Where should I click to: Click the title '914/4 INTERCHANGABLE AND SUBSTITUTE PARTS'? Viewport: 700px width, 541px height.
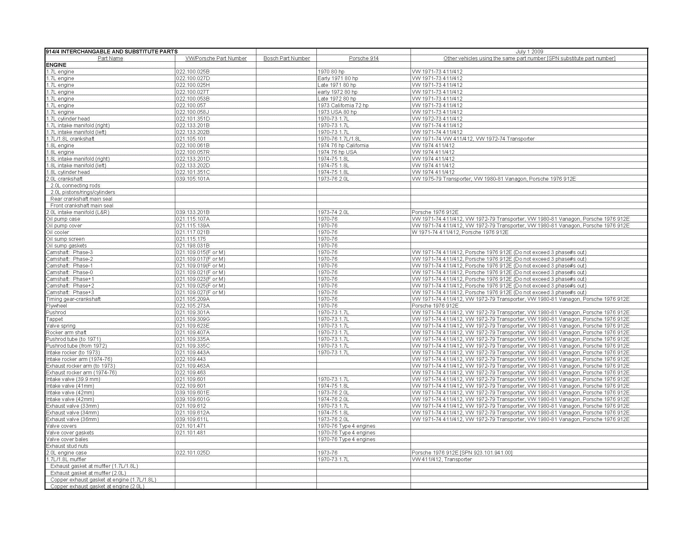[112, 52]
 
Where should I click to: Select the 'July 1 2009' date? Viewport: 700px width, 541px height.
[529, 52]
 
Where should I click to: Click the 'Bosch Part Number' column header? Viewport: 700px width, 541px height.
[287, 58]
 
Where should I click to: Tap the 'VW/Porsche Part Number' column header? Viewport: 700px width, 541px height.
[216, 58]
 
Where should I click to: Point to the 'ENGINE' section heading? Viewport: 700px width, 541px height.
[56, 65]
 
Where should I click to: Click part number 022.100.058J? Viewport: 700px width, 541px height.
[192, 112]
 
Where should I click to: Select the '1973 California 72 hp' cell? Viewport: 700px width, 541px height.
[343, 106]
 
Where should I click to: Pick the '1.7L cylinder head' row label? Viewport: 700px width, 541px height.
[68, 119]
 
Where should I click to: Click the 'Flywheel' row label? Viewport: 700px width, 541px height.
[56, 306]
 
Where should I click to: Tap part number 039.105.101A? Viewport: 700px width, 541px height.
[193, 179]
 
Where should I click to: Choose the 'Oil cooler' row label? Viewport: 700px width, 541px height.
[57, 232]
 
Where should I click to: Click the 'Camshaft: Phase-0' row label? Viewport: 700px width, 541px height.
[70, 273]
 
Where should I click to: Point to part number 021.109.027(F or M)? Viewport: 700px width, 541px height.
[201, 293]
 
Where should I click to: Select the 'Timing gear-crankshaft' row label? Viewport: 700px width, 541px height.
[73, 299]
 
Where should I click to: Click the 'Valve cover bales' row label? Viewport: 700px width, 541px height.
[67, 440]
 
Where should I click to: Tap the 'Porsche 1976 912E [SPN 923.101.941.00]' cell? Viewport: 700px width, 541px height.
[462, 453]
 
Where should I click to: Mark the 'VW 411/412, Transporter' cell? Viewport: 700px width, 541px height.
[442, 460]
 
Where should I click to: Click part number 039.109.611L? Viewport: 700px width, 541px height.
[191, 420]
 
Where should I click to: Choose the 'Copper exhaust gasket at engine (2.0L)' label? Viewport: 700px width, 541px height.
[97, 487]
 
